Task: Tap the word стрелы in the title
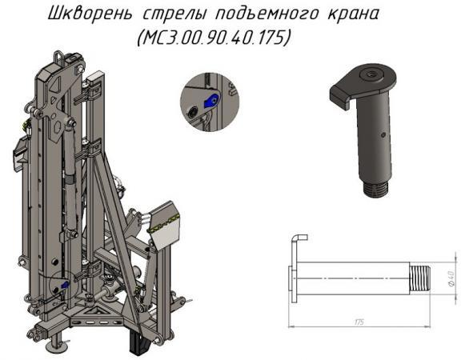click(168, 15)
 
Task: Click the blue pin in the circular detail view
click(210, 101)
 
